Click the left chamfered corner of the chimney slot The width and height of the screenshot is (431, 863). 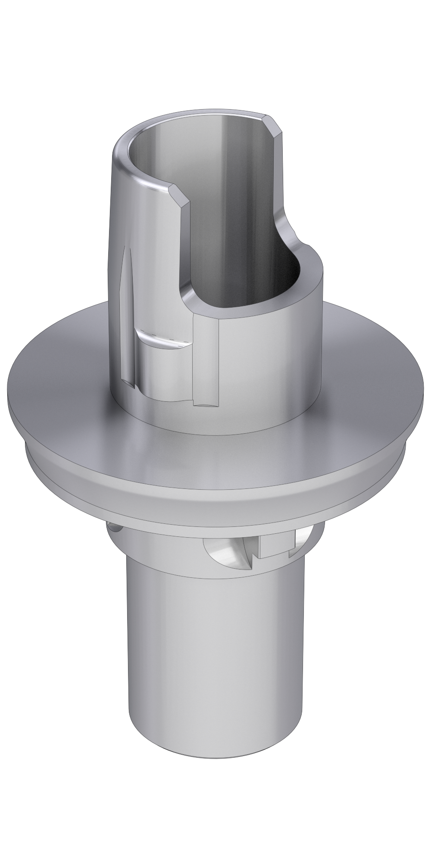(181, 195)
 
